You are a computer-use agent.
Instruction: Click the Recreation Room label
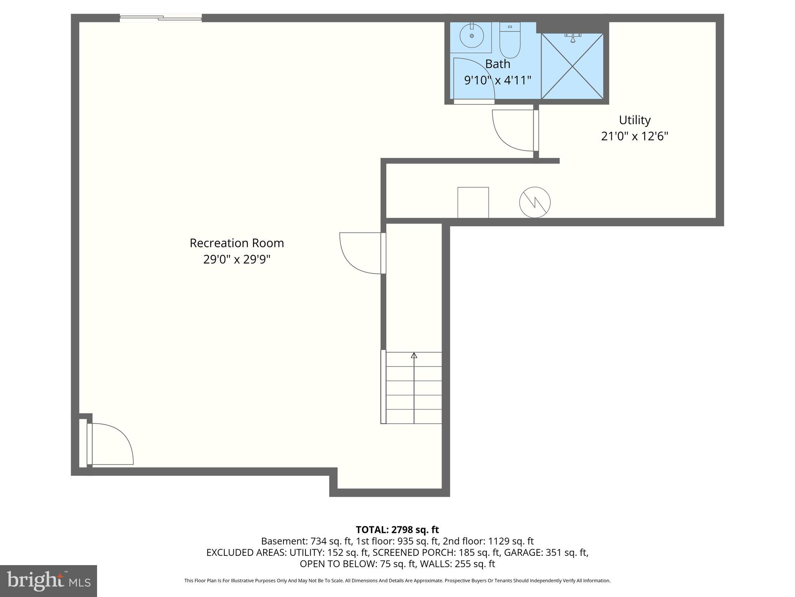point(237,243)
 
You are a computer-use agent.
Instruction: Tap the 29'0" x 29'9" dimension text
point(237,260)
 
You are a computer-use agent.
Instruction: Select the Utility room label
point(635,120)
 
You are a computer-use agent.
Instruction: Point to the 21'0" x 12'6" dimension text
point(635,136)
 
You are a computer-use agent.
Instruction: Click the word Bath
point(498,64)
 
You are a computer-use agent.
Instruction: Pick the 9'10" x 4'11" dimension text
point(498,80)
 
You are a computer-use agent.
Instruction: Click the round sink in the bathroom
point(472,36)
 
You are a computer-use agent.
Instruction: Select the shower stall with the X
point(572,66)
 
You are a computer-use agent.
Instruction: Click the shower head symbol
point(573,38)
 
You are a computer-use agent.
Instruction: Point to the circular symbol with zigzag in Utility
point(535,202)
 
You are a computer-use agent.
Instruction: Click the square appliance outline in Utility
point(473,202)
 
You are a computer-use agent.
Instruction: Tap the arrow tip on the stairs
point(414,355)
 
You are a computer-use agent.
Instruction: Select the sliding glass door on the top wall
point(161,17)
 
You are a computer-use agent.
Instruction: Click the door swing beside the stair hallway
point(360,253)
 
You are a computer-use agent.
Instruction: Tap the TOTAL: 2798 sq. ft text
point(397,530)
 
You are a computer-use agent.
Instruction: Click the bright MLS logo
point(49,581)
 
